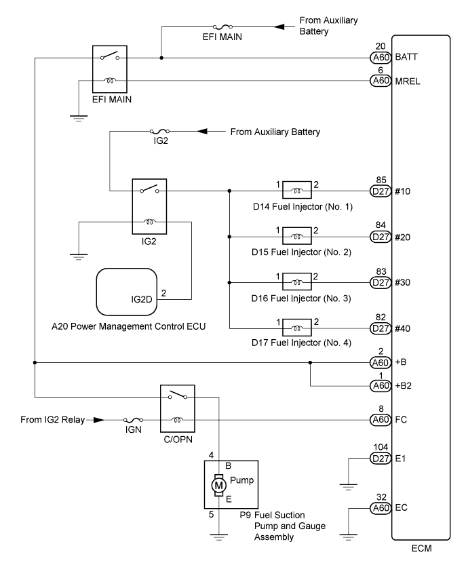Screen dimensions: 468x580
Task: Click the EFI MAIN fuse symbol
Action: pos(222,26)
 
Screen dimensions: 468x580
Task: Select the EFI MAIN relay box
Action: pos(109,69)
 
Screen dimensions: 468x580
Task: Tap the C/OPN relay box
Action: pos(178,408)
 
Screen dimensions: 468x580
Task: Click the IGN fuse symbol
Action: pos(133,420)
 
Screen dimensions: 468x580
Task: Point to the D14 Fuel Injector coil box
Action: pos(296,191)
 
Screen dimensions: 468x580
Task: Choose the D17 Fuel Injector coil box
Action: pos(296,328)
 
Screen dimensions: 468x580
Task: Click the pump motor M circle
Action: pos(218,485)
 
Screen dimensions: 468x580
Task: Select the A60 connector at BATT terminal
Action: pos(381,58)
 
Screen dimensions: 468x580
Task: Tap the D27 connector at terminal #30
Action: pos(381,283)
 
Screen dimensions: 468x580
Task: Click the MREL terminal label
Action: pos(408,81)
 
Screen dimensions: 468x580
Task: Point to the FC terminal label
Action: pos(401,420)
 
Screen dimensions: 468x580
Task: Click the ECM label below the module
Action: pos(422,548)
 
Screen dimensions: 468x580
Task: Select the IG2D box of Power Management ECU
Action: pos(127,292)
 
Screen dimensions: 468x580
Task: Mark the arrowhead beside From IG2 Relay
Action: pos(98,420)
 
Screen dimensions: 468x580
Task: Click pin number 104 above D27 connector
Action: pos(381,447)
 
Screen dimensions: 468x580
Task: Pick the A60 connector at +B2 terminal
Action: pos(381,386)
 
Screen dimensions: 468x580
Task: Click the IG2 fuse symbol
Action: pos(160,132)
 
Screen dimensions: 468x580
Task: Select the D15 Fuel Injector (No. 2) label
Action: pos(302,252)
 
